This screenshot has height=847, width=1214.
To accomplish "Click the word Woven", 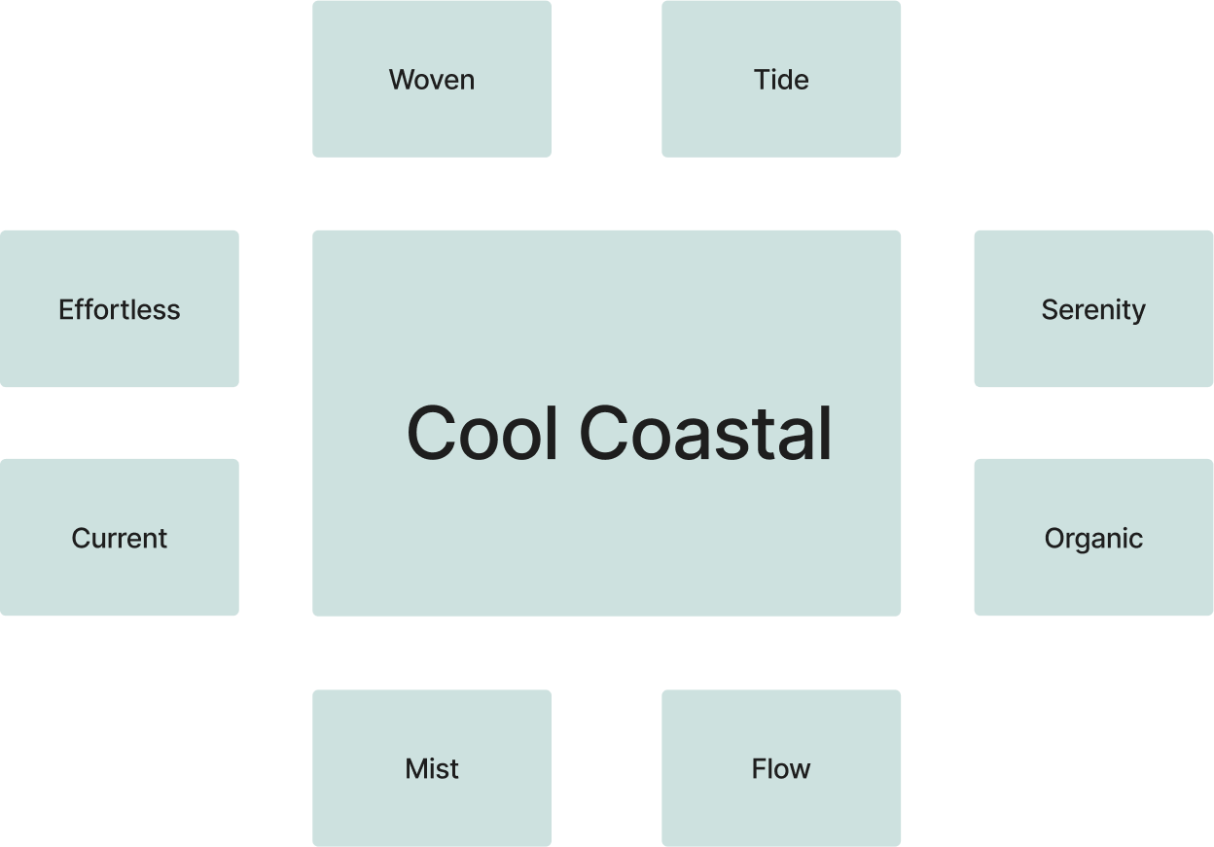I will tap(432, 80).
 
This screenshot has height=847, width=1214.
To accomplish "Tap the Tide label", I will tap(781, 80).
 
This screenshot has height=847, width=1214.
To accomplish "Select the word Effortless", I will tap(120, 310).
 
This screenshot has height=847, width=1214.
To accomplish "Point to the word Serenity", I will tap(1093, 310).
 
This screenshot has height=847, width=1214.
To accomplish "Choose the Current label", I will tap(120, 539).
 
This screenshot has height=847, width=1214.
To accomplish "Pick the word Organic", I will tap(1093, 539).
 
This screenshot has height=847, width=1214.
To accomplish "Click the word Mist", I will tap(432, 769).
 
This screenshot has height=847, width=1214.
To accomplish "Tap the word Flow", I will tap(781, 769).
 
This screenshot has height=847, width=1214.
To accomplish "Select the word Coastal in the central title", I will tap(705, 433).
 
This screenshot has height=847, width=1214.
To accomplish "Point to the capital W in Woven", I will tap(402, 80).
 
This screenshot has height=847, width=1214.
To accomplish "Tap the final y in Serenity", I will tap(1138, 313).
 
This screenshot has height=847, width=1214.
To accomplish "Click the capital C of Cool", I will tap(432, 433).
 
